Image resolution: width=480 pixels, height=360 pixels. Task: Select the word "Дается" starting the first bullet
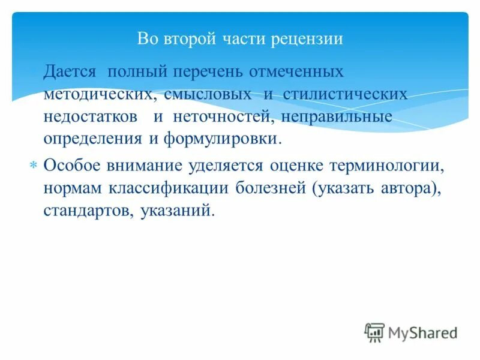point(69,71)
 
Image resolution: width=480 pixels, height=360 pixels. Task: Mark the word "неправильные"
point(343,116)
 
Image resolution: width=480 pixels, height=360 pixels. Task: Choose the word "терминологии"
point(392,165)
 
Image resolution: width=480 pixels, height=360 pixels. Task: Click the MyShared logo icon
point(374,332)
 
